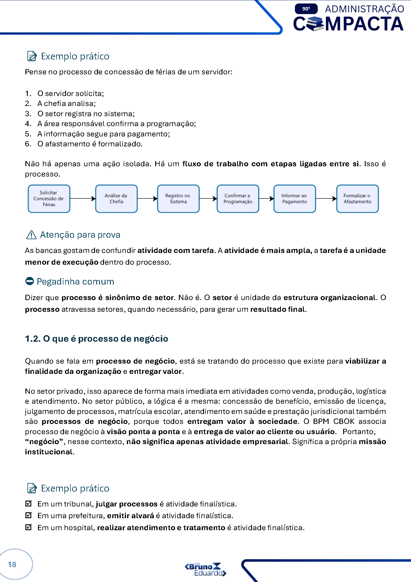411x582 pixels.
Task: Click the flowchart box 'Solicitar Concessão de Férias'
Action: [49, 198]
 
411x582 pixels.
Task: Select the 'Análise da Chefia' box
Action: [116, 198]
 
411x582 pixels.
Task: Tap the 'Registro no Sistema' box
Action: [178, 198]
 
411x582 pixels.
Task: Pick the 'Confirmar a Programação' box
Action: [238, 198]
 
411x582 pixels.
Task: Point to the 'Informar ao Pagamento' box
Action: [294, 198]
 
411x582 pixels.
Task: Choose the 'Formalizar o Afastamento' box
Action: [357, 198]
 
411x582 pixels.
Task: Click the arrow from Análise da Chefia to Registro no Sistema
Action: [147, 199]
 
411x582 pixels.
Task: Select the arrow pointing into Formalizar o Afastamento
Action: [326, 199]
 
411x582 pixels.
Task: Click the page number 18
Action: [12, 564]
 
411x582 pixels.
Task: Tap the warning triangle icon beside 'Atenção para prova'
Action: [31, 235]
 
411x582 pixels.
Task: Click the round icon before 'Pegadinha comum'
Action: [30, 281]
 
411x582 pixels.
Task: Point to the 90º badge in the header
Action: [306, 9]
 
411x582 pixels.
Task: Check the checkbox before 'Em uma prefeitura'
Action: [28, 515]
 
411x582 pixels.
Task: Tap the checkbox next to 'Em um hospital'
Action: [28, 527]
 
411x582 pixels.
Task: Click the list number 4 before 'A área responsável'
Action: [28, 124]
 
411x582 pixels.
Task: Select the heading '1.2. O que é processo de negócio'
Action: [96, 339]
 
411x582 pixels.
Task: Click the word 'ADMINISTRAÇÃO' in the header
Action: [364, 9]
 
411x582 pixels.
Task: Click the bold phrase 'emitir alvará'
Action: [130, 516]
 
